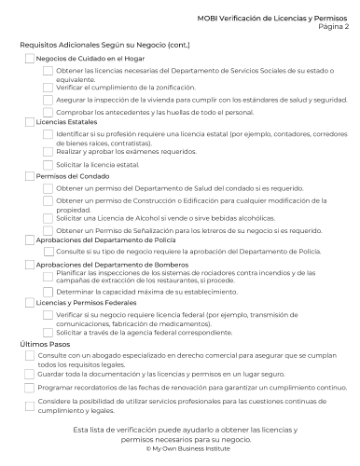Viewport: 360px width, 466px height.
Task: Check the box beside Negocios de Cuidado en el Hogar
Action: [x=29, y=58]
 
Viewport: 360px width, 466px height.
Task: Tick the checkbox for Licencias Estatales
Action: [x=29, y=122]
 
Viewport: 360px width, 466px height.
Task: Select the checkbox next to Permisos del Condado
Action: [x=29, y=176]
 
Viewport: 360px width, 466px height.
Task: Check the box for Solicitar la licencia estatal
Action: [x=48, y=163]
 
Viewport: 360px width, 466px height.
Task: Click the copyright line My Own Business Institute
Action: [x=180, y=450]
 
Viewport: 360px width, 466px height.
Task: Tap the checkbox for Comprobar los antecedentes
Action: [x=48, y=112]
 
